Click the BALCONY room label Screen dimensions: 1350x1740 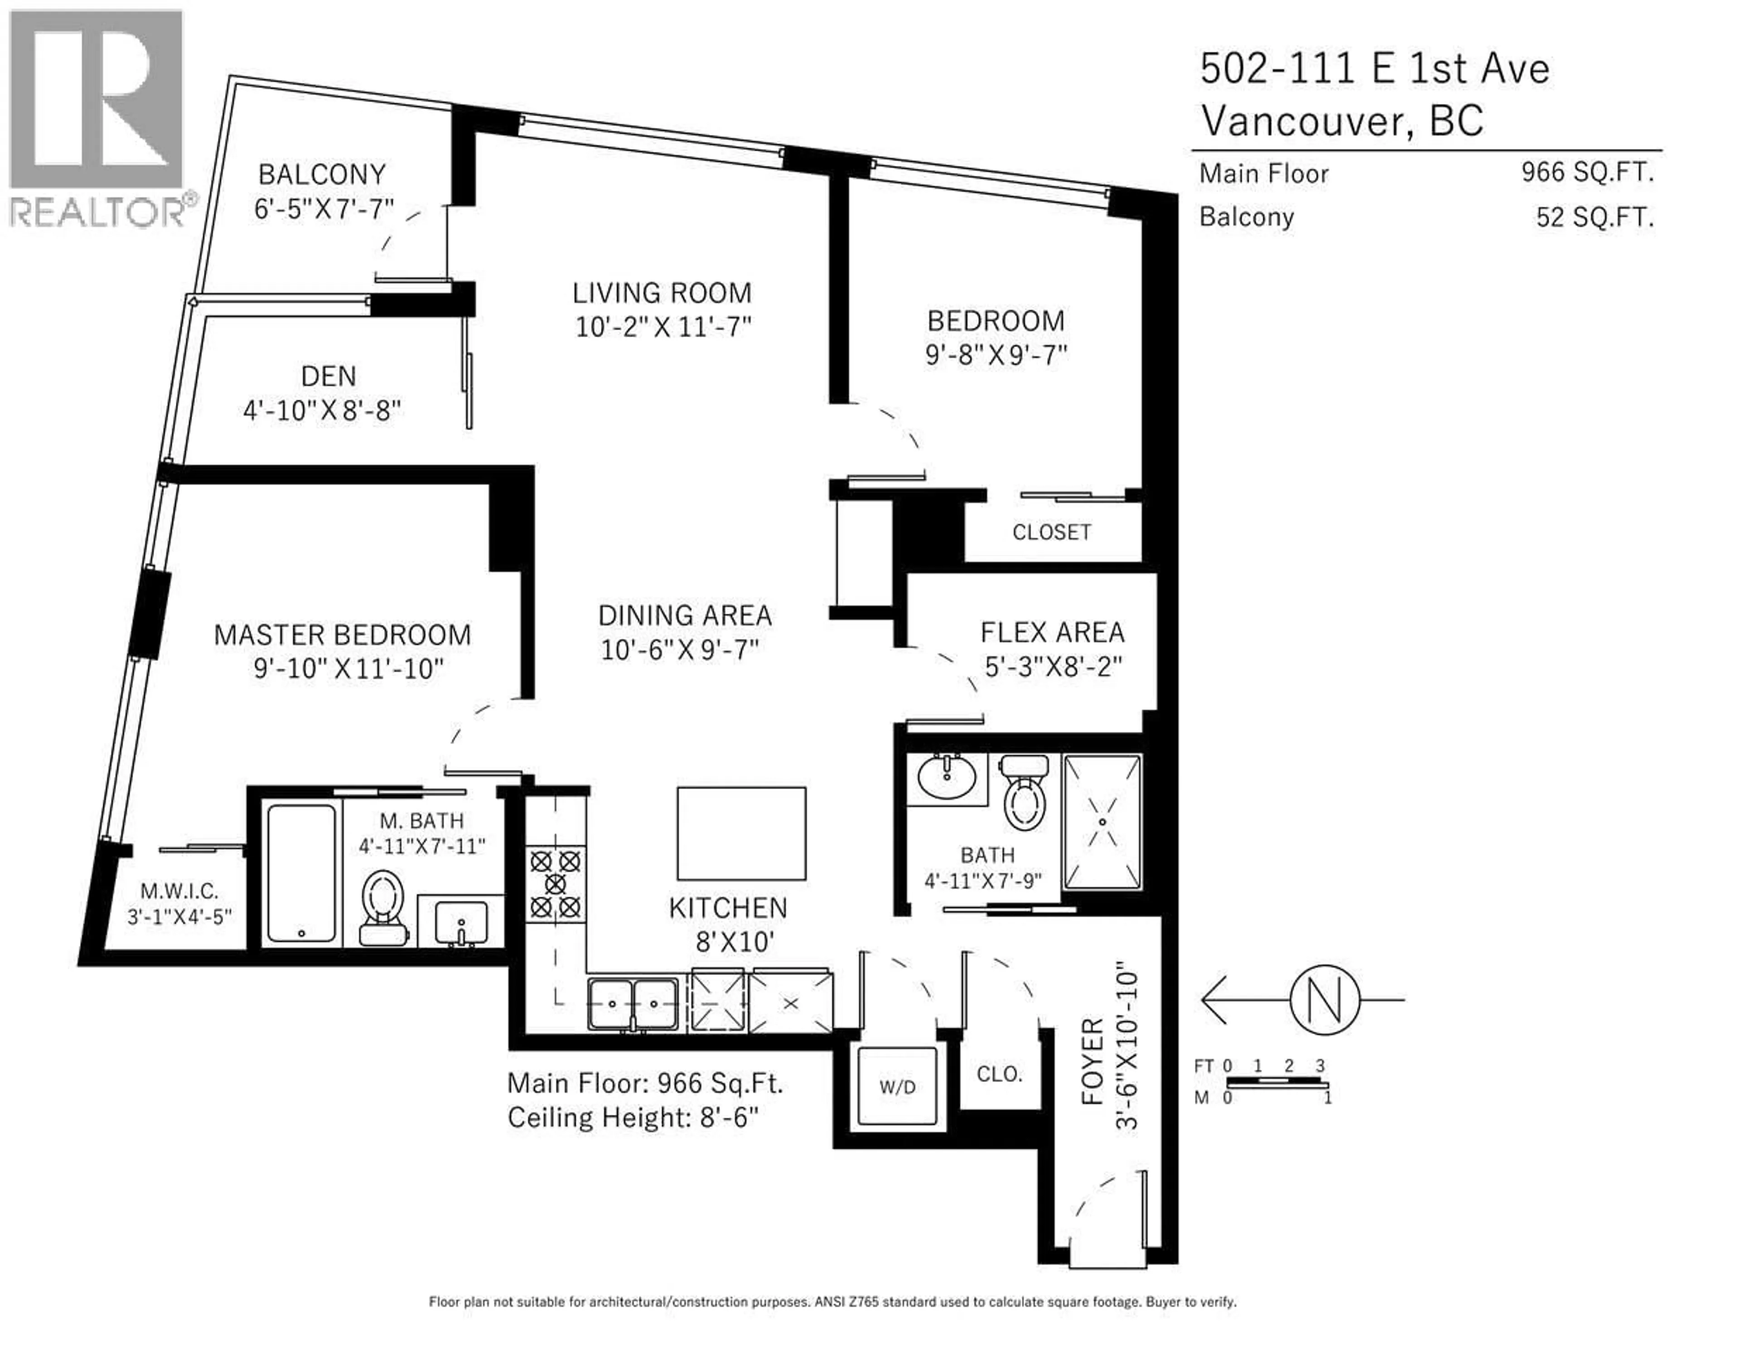[322, 174]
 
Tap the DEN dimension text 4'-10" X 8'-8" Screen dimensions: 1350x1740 [321, 411]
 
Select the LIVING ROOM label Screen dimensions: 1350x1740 [661, 292]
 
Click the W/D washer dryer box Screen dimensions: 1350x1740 [897, 1086]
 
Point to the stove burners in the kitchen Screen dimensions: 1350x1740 [555, 884]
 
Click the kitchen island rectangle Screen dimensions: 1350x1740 [741, 833]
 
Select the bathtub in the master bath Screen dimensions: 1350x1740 [301, 873]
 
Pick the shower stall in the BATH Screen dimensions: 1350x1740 [1102, 822]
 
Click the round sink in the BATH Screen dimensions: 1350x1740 [947, 776]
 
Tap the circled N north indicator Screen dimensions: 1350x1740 [1324, 999]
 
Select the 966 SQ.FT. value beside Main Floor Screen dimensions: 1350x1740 [1587, 172]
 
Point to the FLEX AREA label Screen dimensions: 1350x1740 [1052, 632]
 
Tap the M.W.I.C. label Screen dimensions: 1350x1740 [179, 891]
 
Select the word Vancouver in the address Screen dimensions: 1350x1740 [1307, 121]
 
